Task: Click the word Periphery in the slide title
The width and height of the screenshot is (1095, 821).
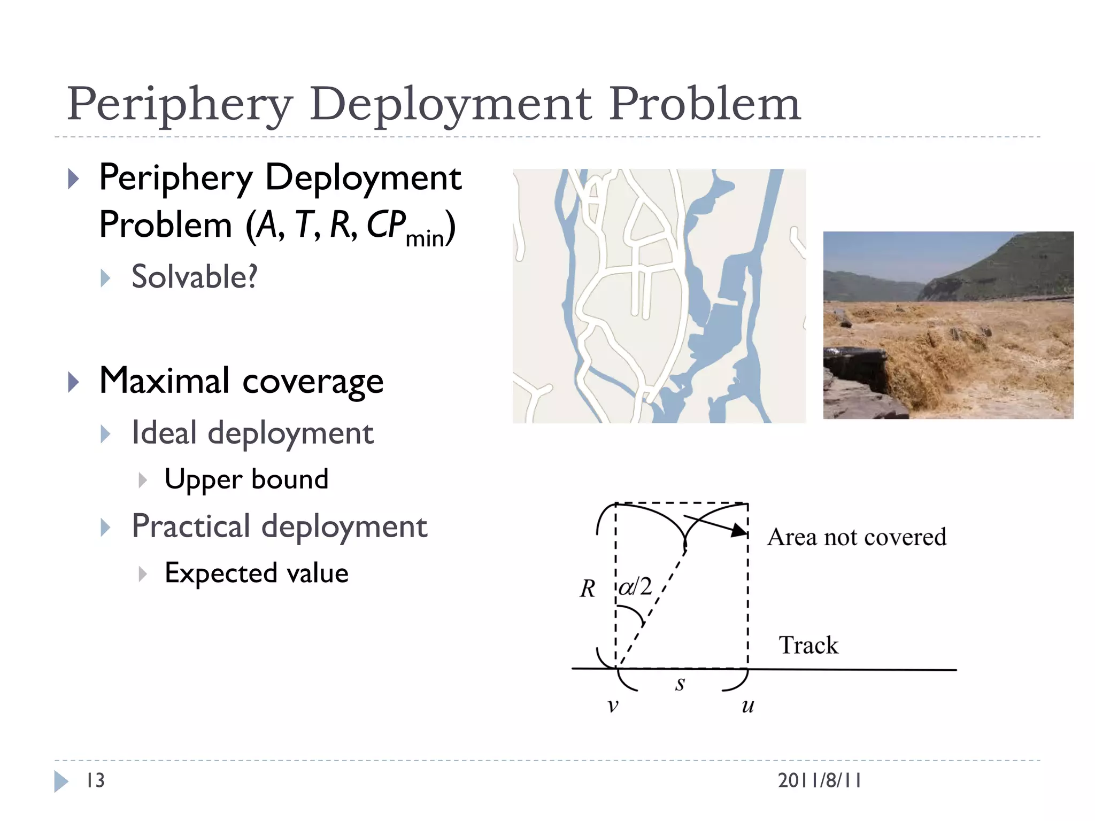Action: click(180, 105)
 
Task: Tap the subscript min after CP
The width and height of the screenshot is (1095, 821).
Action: click(425, 238)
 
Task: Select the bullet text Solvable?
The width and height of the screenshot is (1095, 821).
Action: click(194, 277)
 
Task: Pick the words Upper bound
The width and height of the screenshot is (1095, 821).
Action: click(246, 479)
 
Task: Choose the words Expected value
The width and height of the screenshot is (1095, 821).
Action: click(256, 573)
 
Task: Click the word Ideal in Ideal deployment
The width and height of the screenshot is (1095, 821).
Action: click(164, 432)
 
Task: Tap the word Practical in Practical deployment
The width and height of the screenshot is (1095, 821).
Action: click(191, 526)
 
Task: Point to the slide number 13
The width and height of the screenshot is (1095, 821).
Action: click(95, 780)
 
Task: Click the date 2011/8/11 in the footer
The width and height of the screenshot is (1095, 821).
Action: click(819, 780)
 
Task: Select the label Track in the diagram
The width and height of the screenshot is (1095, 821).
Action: click(808, 645)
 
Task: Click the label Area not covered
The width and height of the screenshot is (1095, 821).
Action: click(857, 537)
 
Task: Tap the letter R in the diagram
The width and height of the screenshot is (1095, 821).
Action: click(588, 589)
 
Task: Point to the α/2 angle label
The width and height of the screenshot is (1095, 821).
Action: click(636, 587)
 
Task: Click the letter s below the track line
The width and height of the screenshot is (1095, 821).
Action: click(680, 684)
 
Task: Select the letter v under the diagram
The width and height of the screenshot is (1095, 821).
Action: click(613, 706)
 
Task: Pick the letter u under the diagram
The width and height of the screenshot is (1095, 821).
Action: click(747, 706)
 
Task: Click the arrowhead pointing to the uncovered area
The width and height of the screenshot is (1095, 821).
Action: click(740, 530)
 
